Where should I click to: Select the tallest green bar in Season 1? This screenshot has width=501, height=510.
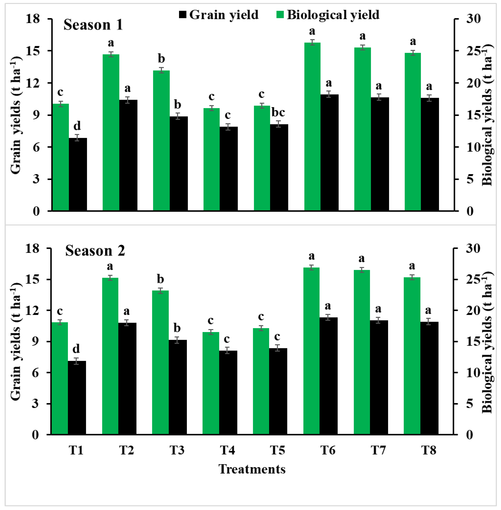(312, 126)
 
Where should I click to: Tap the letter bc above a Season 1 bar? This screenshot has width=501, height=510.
(278, 112)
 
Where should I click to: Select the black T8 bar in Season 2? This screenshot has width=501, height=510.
(429, 378)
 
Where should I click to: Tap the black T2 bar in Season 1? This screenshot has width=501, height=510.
(128, 155)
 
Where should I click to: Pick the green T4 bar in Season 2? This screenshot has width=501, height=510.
(211, 384)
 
